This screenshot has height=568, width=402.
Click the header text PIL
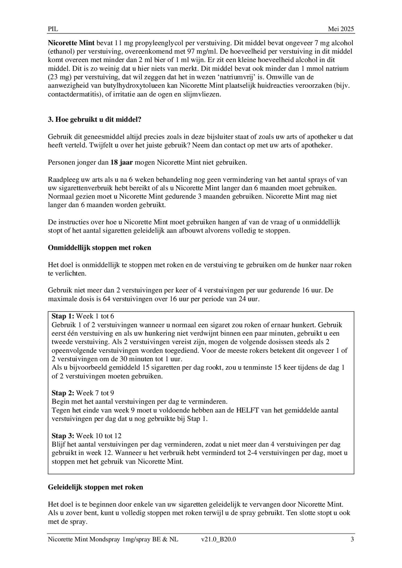pos(53,29)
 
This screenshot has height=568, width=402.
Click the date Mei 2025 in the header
pos(341,29)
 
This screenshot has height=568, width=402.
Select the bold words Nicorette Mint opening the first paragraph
pos(71,43)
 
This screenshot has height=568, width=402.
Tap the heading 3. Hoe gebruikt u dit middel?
pos(94,120)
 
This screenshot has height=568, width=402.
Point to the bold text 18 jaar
pos(121,162)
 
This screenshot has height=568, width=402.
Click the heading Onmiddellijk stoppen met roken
pos(99,248)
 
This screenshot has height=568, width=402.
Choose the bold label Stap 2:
pos(63,393)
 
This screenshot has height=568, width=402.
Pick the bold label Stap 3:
pos(63,436)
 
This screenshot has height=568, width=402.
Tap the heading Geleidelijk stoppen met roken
pos(95,487)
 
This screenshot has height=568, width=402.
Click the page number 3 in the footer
pos(352,539)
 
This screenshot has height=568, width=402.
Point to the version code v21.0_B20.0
pos(218,539)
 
